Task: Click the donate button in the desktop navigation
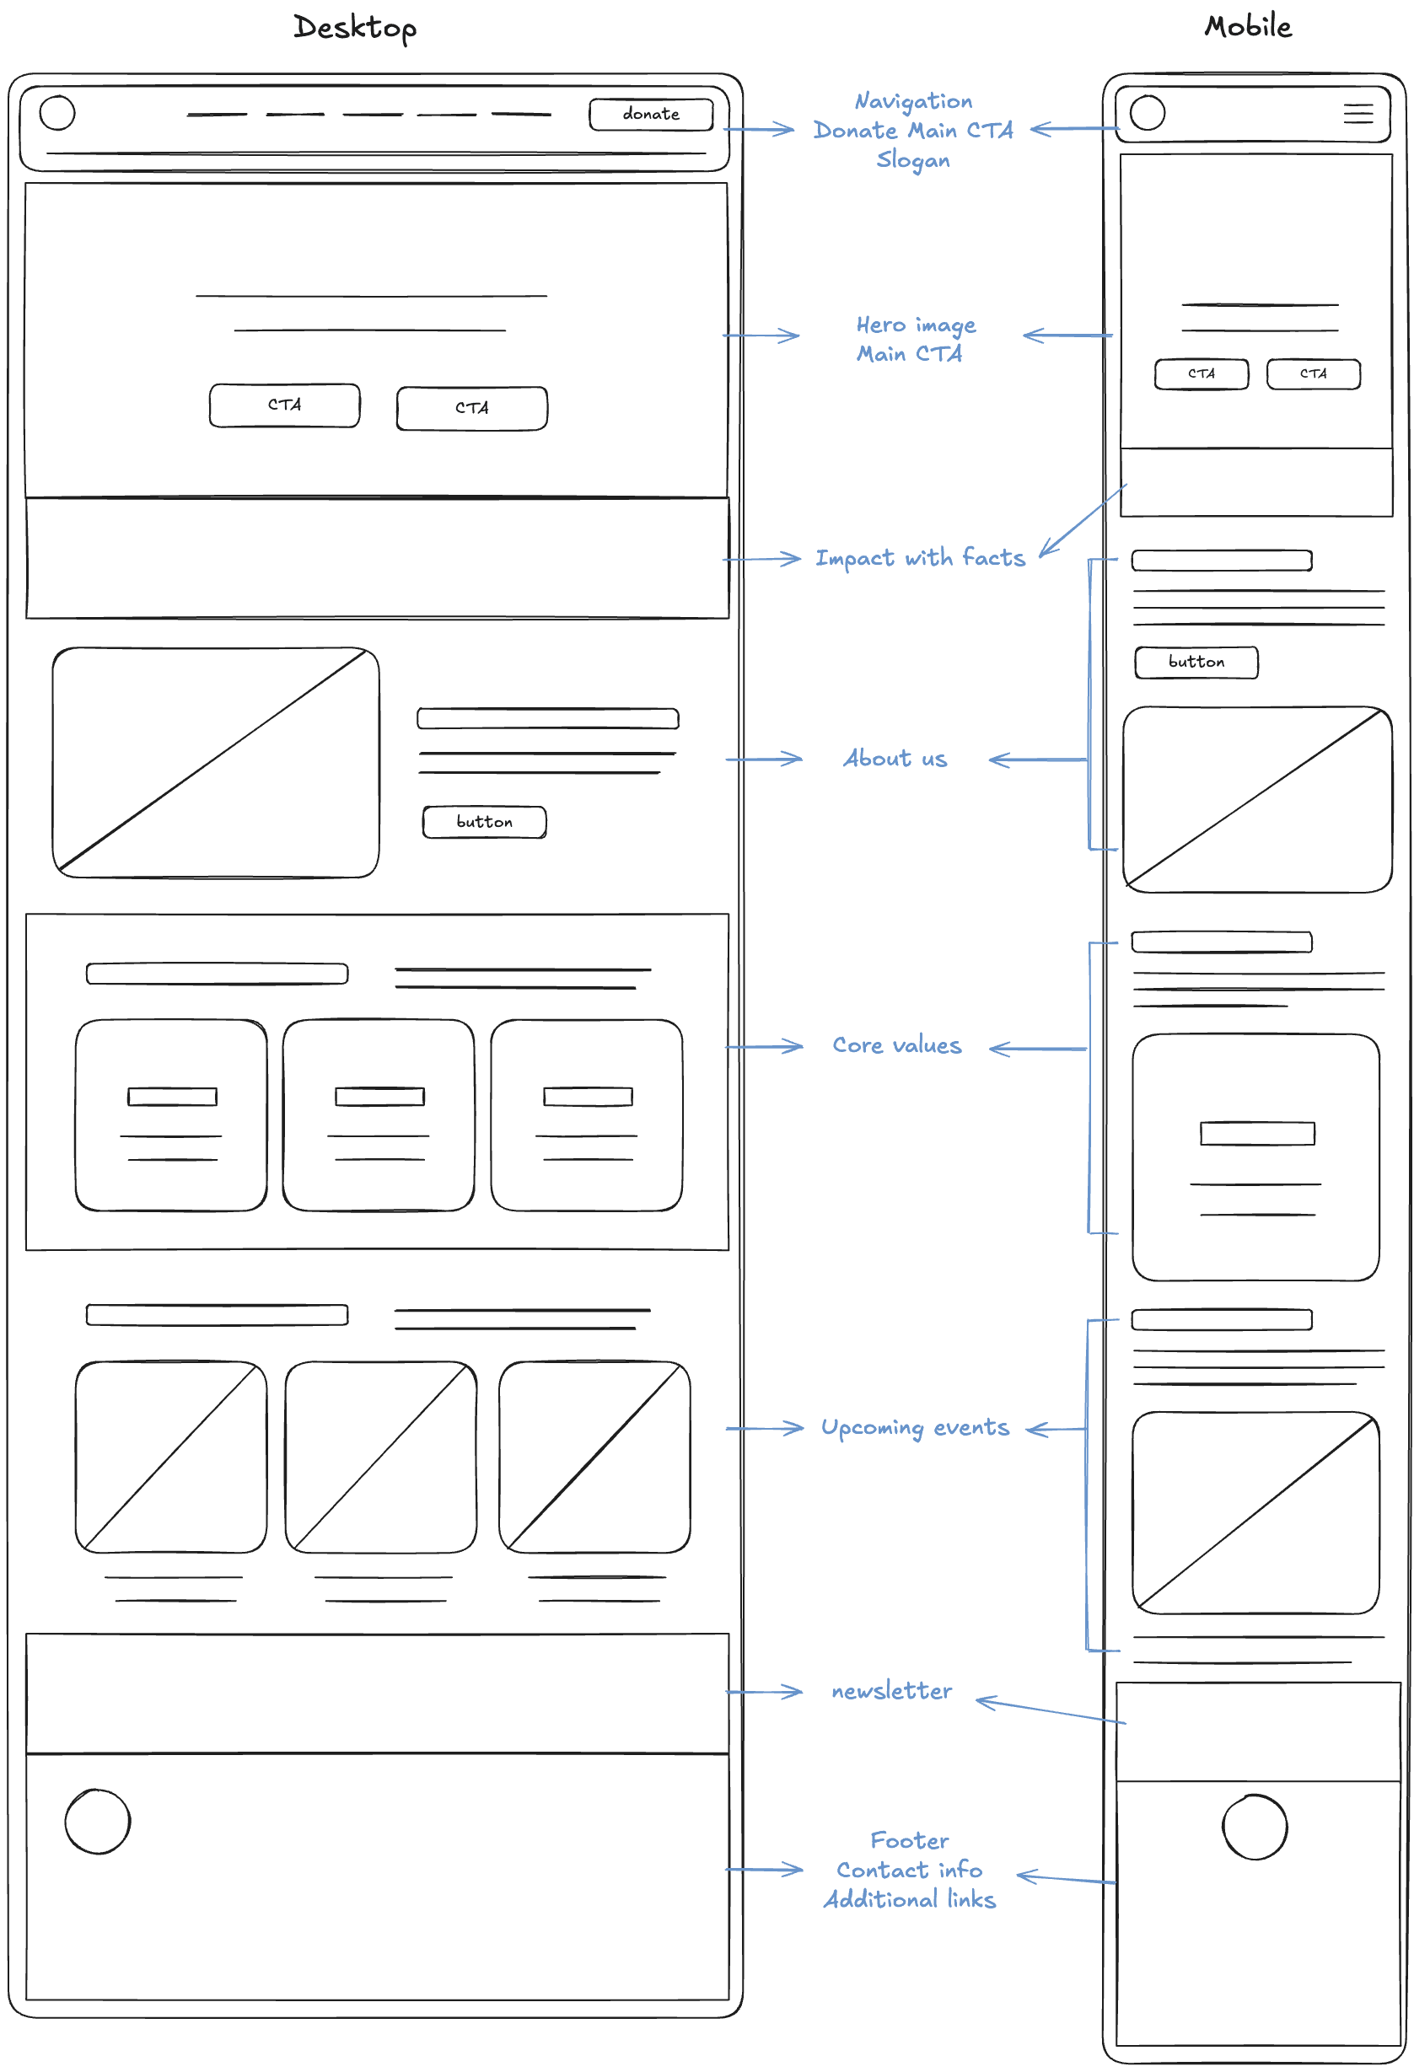651,114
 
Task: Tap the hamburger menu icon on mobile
1357,113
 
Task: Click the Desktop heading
355,28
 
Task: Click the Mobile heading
1247,26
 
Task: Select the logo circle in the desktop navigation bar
58,113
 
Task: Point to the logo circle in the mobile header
1147,113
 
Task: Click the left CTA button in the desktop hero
284,405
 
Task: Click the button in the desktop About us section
484,822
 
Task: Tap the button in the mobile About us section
1196,663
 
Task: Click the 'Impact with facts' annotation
919,558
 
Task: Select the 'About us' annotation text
895,759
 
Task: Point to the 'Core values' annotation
897,1046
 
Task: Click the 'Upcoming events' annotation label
915,1428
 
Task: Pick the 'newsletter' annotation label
890,1691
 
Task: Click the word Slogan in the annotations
913,160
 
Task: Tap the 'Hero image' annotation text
916,325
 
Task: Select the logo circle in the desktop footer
98,1822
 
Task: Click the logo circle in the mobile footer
1254,1827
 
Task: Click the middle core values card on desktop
379,1114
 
